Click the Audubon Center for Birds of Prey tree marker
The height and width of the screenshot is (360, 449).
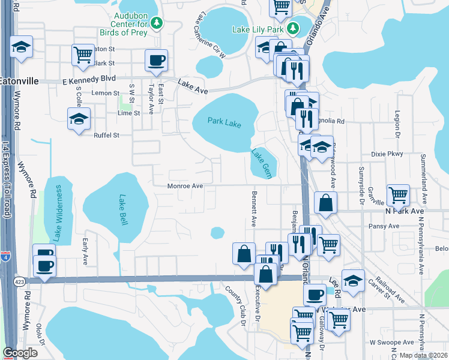point(157,23)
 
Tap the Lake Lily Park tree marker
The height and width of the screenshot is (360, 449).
point(293,28)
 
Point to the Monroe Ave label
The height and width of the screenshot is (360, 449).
point(185,186)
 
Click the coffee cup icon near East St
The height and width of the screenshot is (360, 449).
point(156,60)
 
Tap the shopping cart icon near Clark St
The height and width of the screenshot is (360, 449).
point(83,55)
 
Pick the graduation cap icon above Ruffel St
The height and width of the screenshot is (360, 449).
point(79,118)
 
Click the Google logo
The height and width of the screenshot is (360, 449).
point(20,352)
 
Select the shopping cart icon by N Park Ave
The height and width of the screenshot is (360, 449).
point(398,194)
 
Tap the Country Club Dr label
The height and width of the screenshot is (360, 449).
point(235,307)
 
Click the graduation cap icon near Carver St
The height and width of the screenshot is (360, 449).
point(353,280)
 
